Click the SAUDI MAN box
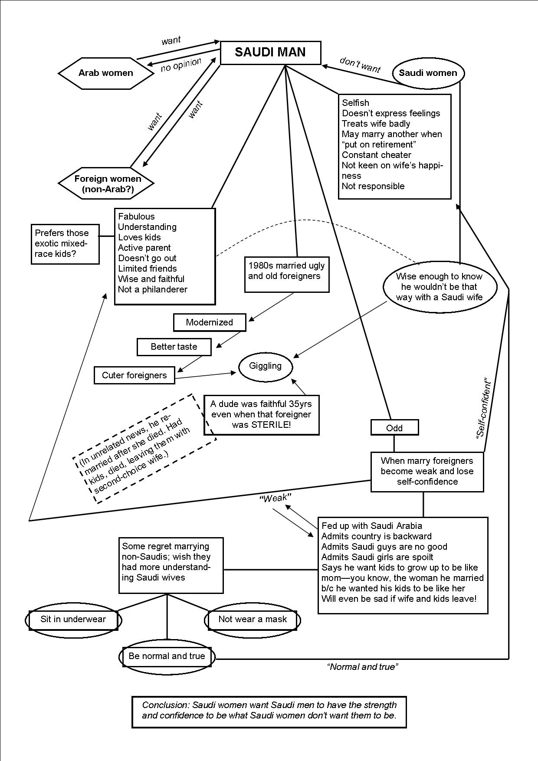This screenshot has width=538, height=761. (x=271, y=52)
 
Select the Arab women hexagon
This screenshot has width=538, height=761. (x=106, y=73)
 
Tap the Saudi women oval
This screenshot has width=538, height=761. (x=428, y=73)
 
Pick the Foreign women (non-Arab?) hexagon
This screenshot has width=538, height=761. (x=107, y=184)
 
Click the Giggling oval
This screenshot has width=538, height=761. (x=265, y=366)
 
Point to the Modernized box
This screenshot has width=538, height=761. (x=209, y=322)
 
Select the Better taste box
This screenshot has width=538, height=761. (x=174, y=347)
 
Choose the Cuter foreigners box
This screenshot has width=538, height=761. (x=134, y=375)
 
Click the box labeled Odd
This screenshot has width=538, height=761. (x=394, y=428)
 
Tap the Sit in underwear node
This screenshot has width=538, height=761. (x=73, y=620)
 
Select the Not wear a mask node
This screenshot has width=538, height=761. (x=252, y=620)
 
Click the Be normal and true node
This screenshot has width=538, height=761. (x=167, y=656)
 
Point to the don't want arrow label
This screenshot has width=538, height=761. (x=360, y=65)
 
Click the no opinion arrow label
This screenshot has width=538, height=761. (x=181, y=65)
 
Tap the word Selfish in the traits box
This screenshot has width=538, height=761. (x=355, y=103)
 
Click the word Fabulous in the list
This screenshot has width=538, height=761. (x=136, y=216)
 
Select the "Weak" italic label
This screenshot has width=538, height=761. (x=275, y=498)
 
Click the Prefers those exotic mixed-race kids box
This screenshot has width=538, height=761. (x=65, y=243)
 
